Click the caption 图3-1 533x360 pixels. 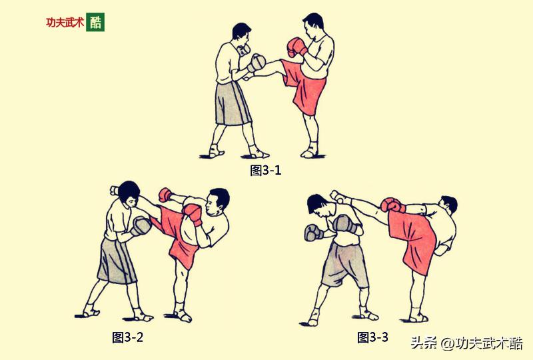266,170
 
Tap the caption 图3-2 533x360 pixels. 127,337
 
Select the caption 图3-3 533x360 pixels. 372,337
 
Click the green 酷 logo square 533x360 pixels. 95,22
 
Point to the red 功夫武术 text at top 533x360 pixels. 64,22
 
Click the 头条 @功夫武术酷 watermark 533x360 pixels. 466,343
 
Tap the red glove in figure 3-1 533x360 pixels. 295,47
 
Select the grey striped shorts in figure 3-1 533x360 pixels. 232,103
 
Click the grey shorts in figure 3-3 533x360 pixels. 343,263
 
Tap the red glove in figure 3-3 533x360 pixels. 392,205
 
